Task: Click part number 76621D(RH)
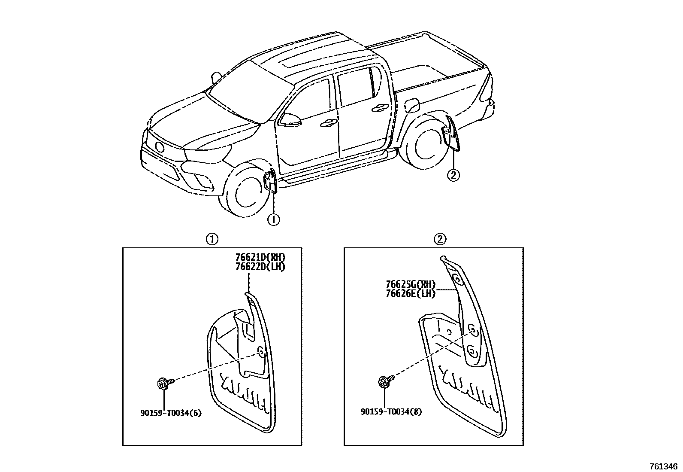click(x=260, y=257)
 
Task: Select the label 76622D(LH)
click(x=260, y=266)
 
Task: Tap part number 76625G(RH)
click(x=411, y=284)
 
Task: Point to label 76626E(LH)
click(x=411, y=294)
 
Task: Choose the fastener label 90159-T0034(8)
click(x=391, y=411)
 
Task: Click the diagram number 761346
click(x=663, y=466)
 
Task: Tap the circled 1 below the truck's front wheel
click(x=274, y=219)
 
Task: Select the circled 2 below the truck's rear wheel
click(x=453, y=175)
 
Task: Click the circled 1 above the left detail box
click(x=212, y=239)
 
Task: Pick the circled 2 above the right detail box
click(x=441, y=239)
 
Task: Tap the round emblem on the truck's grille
click(x=159, y=147)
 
